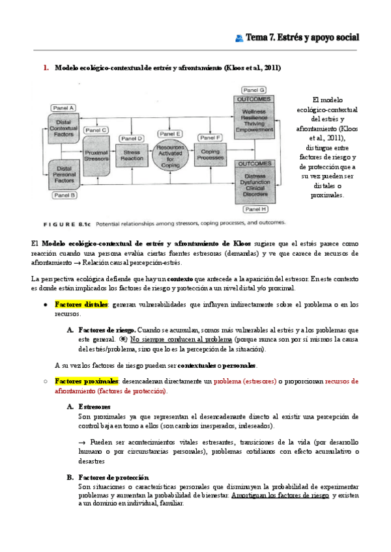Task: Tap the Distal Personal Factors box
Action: click(x=63, y=172)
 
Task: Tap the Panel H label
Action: click(x=255, y=210)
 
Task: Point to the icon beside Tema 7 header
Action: click(x=239, y=38)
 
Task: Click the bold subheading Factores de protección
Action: click(x=113, y=477)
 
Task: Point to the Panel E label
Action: click(x=169, y=134)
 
